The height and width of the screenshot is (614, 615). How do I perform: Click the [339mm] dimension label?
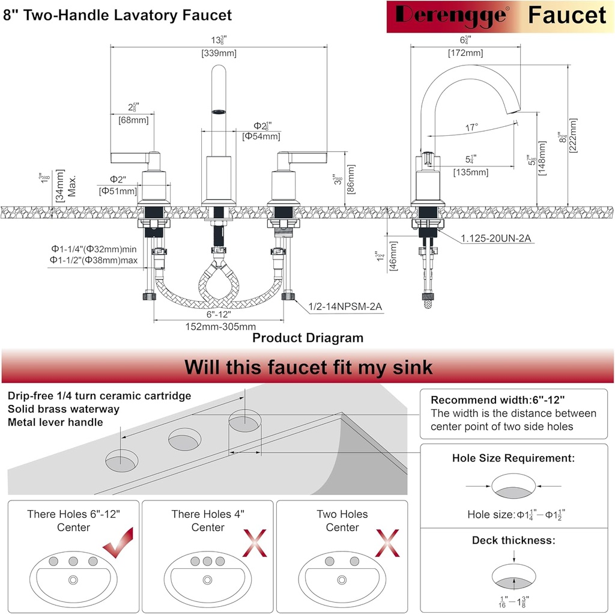point(219,53)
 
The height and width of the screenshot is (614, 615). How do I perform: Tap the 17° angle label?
point(472,127)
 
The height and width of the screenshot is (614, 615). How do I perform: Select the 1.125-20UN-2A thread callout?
point(496,239)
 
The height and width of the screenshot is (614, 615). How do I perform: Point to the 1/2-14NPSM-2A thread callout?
point(345,307)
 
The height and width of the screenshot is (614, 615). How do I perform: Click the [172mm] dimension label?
point(465,53)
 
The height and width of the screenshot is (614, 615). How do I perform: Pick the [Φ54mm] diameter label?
point(261,136)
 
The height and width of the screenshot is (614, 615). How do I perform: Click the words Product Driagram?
point(307,338)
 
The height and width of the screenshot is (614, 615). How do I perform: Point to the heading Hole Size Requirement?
point(514,458)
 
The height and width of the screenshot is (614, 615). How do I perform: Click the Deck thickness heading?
point(514,540)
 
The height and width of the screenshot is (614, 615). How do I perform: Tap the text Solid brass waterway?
point(64,409)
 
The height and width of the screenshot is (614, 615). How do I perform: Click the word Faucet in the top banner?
point(567,16)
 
